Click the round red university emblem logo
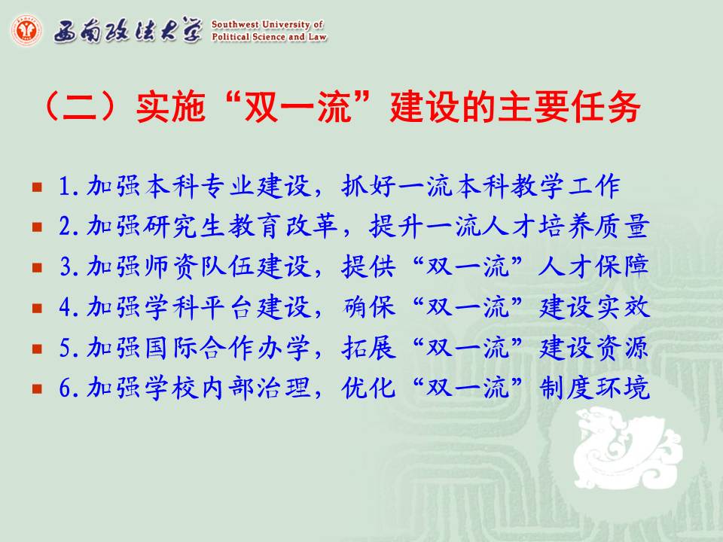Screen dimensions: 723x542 point(26,30)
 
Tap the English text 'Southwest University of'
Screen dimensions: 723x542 point(267,24)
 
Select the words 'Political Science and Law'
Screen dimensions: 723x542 point(270,37)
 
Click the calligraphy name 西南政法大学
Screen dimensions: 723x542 point(128,30)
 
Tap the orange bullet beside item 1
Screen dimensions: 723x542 point(38,187)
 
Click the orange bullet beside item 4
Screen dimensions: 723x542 point(38,308)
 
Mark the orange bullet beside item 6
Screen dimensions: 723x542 point(38,388)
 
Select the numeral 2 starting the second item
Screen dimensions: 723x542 point(65,227)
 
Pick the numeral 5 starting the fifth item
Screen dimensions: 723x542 point(65,348)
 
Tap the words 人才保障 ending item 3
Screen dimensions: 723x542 point(594,266)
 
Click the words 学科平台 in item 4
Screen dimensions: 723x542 point(199,307)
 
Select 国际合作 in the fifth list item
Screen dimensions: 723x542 point(199,348)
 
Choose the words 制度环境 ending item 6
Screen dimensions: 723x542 point(594,388)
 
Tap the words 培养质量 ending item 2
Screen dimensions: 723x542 point(594,227)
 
